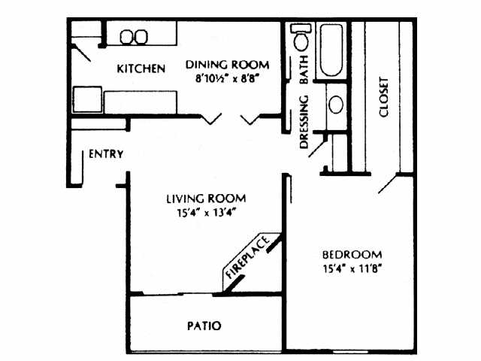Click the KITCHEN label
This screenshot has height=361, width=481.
coord(141,70)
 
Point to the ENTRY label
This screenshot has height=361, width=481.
coord(106,155)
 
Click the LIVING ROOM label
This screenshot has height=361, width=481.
coord(205,199)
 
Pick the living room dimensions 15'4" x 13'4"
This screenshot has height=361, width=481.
coord(205,212)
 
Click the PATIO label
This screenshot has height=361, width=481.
coord(203,326)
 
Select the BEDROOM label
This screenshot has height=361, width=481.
coord(352,254)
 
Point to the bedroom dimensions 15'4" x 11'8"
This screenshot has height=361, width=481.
coord(352,268)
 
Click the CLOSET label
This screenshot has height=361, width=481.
coord(384,97)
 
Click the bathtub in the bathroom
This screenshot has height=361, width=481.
coord(331,52)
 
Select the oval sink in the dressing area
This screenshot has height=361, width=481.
coord(336,104)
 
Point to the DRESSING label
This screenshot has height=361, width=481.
coord(305,123)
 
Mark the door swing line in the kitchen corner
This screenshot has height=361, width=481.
coord(83,51)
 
